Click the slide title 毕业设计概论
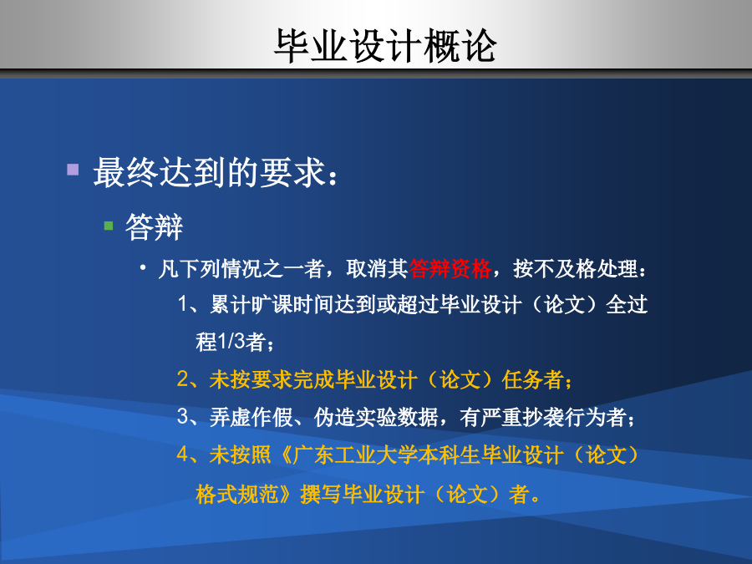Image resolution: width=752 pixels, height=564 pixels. coord(385,46)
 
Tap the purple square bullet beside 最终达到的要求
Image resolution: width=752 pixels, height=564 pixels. coord(73,170)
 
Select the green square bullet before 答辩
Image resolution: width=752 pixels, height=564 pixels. coord(109,226)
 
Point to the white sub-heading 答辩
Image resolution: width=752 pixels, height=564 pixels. coord(154,226)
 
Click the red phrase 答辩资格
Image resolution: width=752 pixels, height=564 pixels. coord(450,268)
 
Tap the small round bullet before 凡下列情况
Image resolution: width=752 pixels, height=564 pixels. coord(143,267)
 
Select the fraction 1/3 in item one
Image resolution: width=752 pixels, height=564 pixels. coord(231,342)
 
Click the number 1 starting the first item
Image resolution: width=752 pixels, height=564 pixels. coord(183,304)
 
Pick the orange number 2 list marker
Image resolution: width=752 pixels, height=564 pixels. coord(183,379)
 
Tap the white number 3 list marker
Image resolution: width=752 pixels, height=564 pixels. coord(183,416)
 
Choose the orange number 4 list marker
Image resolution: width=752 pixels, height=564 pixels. coord(183,454)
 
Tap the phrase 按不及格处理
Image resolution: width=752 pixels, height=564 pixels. coord(576,268)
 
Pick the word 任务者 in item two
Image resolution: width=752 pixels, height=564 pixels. coord(532,379)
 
